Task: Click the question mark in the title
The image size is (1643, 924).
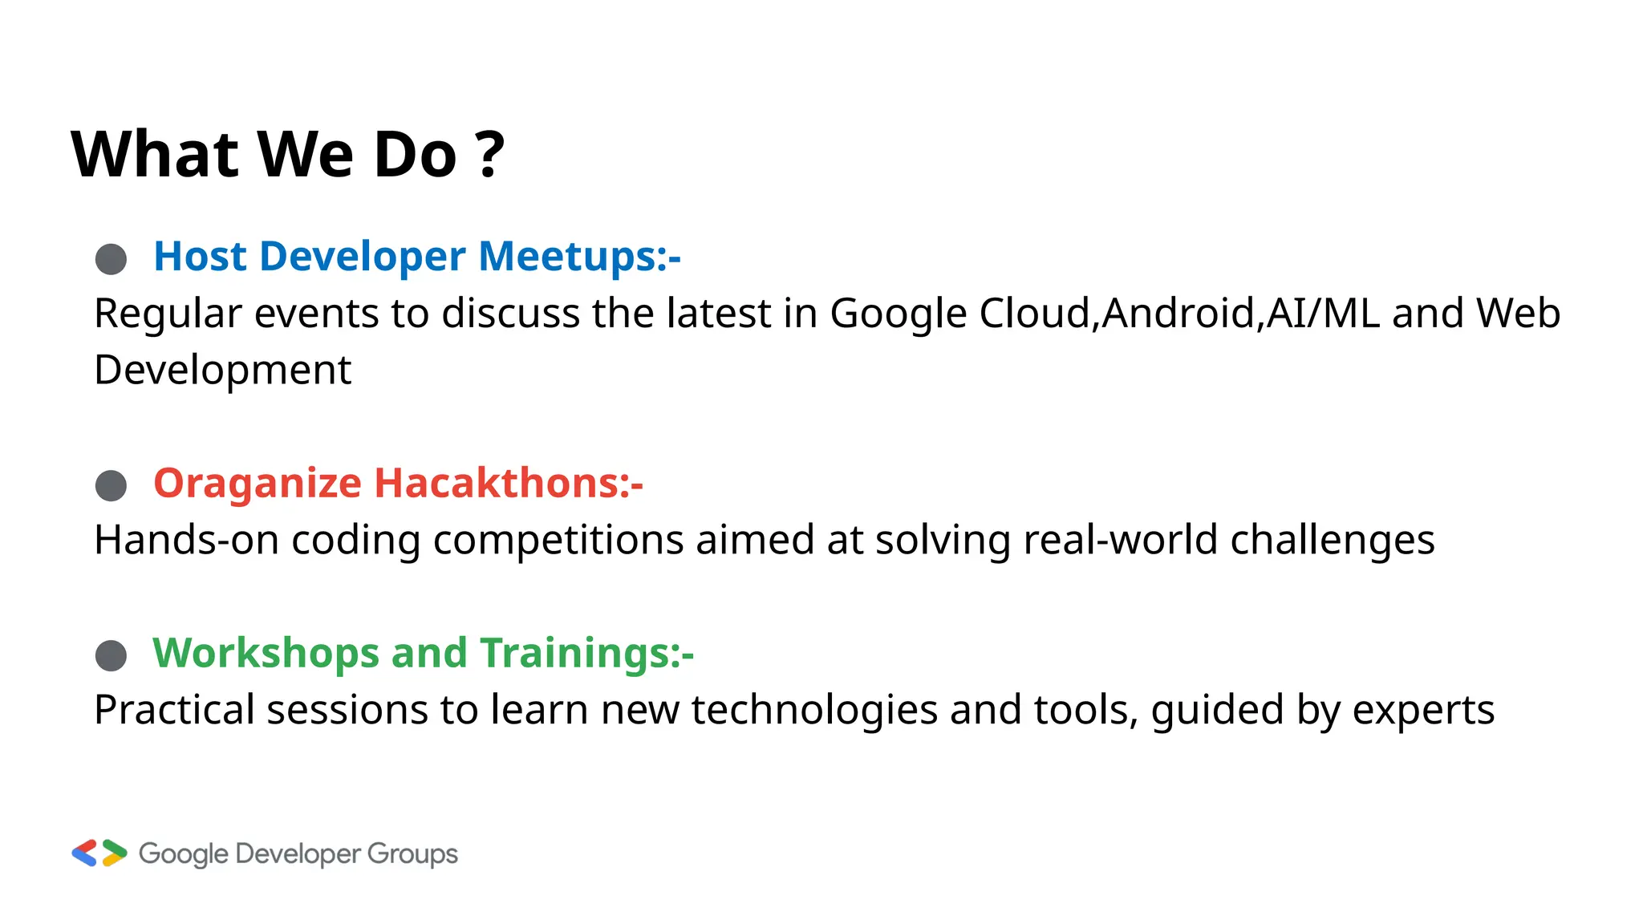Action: pyautogui.click(x=489, y=154)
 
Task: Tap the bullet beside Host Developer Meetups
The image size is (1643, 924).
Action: pyautogui.click(x=111, y=259)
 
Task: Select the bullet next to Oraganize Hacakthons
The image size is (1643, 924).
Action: pyautogui.click(x=111, y=485)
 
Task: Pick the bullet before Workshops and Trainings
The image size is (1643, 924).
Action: pyautogui.click(x=111, y=655)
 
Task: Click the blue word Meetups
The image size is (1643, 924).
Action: pyautogui.click(x=579, y=257)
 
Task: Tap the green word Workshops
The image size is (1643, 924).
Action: pyautogui.click(x=266, y=653)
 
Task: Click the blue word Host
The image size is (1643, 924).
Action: pyautogui.click(x=200, y=257)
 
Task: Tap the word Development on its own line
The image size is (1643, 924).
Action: pyautogui.click(x=222, y=371)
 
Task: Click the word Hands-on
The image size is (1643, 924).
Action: pyautogui.click(x=186, y=540)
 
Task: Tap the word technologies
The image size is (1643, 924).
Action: pyautogui.click(x=814, y=711)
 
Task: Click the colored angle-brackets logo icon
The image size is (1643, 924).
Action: pyautogui.click(x=99, y=853)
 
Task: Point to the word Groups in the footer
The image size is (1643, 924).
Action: pyautogui.click(x=412, y=854)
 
